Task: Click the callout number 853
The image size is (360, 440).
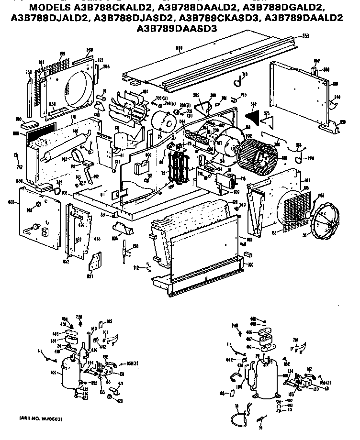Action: pyautogui.click(x=306, y=36)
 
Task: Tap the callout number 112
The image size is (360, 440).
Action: pyautogui.click(x=136, y=268)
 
